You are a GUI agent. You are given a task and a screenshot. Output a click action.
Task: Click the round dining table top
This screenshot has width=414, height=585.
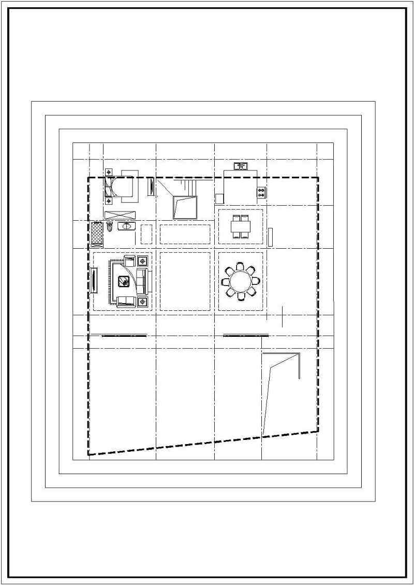click(240, 281)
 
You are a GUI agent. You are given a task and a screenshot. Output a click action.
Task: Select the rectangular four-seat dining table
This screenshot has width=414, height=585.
click(241, 226)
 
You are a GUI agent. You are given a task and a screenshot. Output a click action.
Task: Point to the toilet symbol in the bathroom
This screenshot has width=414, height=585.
click(110, 226)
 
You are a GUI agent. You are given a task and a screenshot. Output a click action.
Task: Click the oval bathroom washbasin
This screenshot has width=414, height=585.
click(126, 225)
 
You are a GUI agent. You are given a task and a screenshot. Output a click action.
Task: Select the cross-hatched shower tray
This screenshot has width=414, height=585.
click(97, 234)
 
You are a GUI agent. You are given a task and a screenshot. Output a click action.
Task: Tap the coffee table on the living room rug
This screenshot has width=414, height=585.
click(124, 281)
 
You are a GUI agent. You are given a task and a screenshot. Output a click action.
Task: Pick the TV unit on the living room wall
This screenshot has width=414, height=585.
click(95, 281)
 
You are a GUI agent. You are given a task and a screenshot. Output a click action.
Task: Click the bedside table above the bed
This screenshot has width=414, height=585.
click(109, 172)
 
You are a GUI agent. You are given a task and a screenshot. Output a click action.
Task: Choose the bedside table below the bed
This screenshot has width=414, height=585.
click(109, 201)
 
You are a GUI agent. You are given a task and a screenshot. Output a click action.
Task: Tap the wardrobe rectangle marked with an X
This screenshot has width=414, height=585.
click(120, 215)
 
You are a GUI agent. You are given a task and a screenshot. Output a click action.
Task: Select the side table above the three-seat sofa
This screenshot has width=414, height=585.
click(142, 261)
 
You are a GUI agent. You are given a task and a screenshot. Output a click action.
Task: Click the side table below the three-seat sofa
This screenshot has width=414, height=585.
click(142, 302)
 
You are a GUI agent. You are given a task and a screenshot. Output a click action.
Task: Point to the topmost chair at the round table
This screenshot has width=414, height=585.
click(240, 266)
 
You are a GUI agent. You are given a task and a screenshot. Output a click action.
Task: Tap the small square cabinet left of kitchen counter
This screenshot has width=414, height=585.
click(219, 198)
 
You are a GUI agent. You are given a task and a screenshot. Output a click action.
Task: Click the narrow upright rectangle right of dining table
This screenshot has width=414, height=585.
click(270, 236)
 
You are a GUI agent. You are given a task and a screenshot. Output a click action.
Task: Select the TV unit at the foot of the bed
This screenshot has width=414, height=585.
click(151, 187)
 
